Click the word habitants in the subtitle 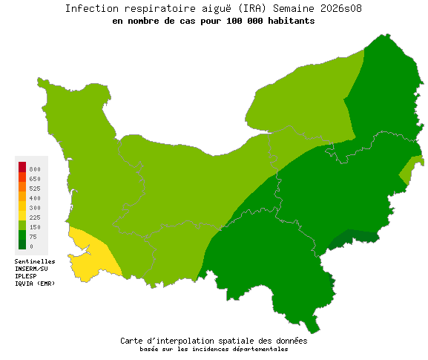289,21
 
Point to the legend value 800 36,170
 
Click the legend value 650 36,180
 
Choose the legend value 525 36,189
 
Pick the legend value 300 36,208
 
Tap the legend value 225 36,217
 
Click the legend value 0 31,246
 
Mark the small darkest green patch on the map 354,238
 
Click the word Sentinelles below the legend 35,262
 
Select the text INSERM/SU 31,269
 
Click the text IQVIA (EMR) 34,284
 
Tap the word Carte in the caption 133,341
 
